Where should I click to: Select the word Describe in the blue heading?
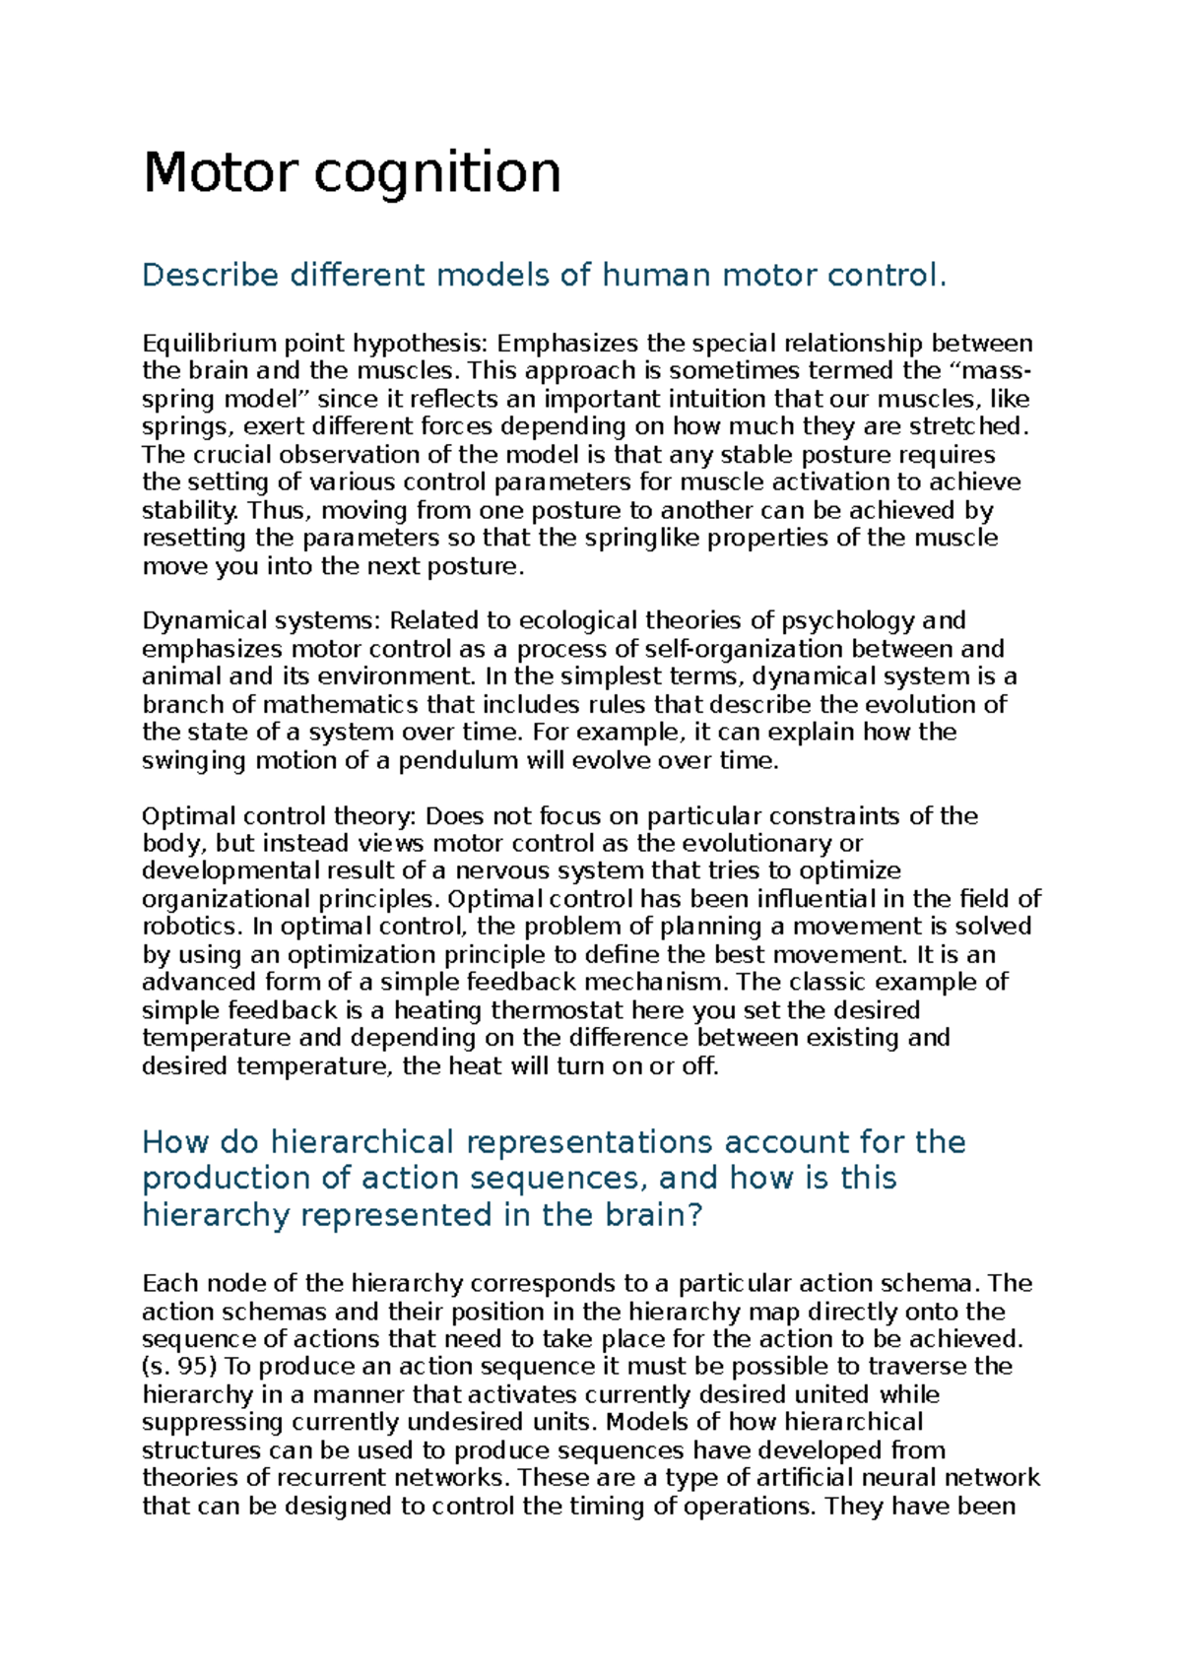[x=210, y=275]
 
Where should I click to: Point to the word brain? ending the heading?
[x=651, y=1215]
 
